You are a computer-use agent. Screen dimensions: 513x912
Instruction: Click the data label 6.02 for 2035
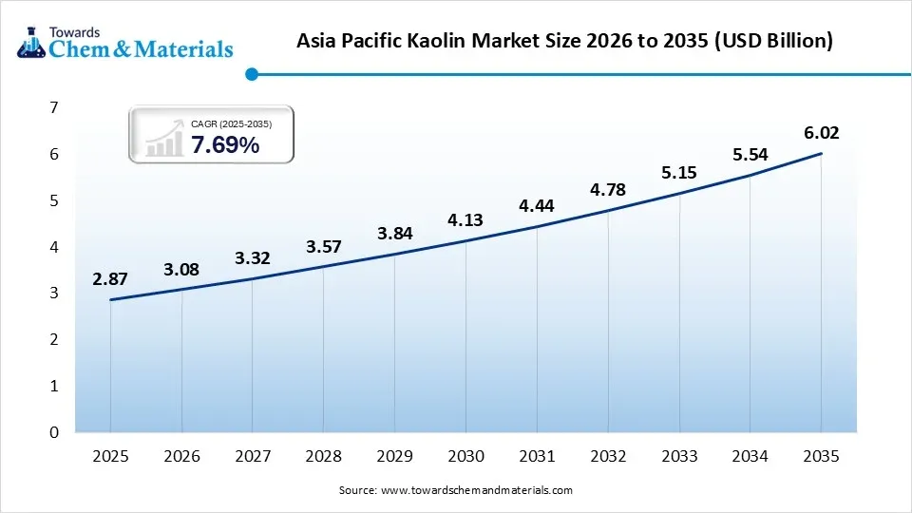(x=821, y=133)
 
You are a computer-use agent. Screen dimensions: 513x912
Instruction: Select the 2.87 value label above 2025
(x=110, y=278)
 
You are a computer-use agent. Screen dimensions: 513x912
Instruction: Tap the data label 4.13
(x=465, y=220)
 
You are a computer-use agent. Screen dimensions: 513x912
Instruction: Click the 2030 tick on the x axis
(x=465, y=457)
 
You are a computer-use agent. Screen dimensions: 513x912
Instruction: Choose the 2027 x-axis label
(x=253, y=457)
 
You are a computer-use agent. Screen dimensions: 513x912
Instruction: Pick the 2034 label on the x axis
(x=750, y=457)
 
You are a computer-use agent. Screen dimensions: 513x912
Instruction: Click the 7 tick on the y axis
(x=54, y=107)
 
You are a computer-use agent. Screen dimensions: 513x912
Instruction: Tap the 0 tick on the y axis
(x=54, y=432)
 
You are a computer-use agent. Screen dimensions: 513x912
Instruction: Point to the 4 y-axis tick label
(x=54, y=247)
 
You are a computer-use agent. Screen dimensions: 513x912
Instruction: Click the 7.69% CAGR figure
(x=225, y=145)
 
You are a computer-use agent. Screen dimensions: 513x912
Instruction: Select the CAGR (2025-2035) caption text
(x=231, y=123)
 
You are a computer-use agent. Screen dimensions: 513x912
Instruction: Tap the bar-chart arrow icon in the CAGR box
(x=163, y=139)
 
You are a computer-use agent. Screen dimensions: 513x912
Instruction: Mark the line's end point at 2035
(x=821, y=154)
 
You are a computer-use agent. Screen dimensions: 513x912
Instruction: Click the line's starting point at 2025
(x=111, y=300)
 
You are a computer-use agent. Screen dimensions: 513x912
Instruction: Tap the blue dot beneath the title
(x=251, y=74)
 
